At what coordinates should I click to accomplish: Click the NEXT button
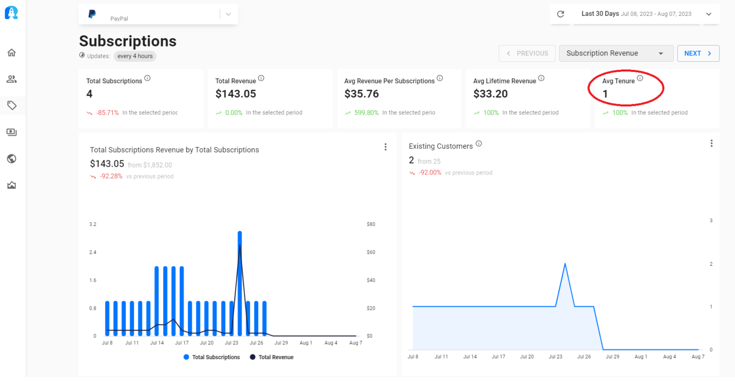pyautogui.click(x=698, y=53)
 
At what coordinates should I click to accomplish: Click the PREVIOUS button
pyautogui.click(x=527, y=53)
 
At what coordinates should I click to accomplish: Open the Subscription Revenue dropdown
pyautogui.click(x=616, y=53)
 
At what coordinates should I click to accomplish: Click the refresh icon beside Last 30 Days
pyautogui.click(x=560, y=14)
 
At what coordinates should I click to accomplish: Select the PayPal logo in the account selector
pyautogui.click(x=92, y=14)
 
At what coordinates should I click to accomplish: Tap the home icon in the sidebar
pyautogui.click(x=11, y=52)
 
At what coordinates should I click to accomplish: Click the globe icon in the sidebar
pyautogui.click(x=11, y=159)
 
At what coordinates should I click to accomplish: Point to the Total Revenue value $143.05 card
pyautogui.click(x=236, y=94)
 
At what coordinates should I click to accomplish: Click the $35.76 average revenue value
pyautogui.click(x=361, y=94)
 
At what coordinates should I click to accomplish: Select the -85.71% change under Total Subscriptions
pyautogui.click(x=107, y=113)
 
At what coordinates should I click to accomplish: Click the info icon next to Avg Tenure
pyautogui.click(x=640, y=78)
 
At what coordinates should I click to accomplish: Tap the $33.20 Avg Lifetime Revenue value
pyautogui.click(x=490, y=94)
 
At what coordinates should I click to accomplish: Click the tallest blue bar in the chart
pyautogui.click(x=240, y=283)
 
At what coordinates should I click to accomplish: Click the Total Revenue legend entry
pyautogui.click(x=276, y=357)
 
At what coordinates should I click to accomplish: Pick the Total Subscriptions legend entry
pyautogui.click(x=216, y=357)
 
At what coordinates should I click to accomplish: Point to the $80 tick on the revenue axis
pyautogui.click(x=371, y=224)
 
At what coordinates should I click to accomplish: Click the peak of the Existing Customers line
pyautogui.click(x=565, y=264)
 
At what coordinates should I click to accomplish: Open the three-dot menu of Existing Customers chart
pyautogui.click(x=712, y=143)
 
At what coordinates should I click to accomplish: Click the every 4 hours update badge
pyautogui.click(x=135, y=56)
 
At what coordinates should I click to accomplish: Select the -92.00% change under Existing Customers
pyautogui.click(x=430, y=173)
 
